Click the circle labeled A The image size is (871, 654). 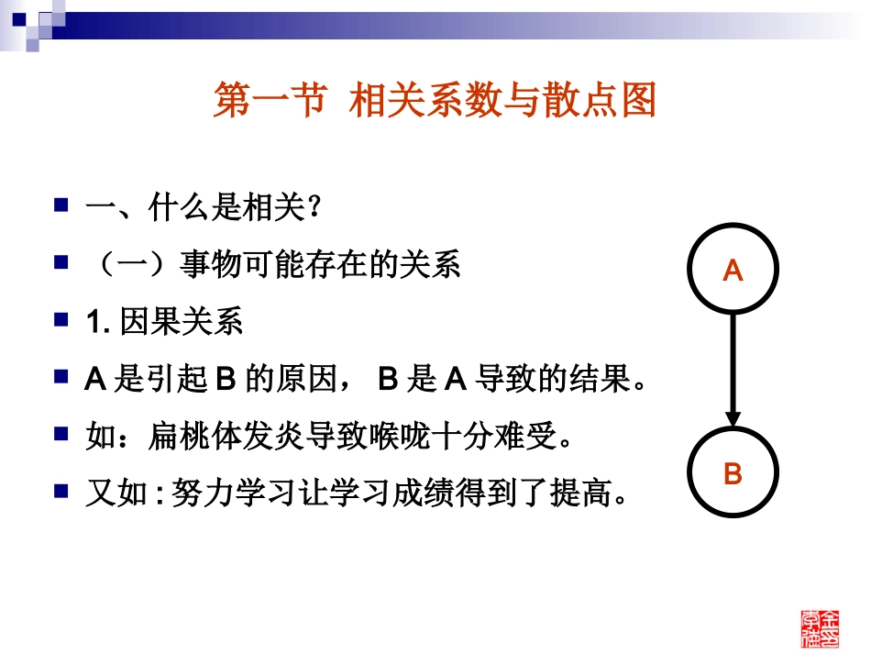click(x=733, y=271)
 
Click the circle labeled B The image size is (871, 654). click(x=733, y=474)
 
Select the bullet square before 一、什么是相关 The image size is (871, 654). click(x=61, y=205)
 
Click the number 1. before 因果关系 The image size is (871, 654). click(x=97, y=324)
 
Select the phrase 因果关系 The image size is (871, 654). click(x=181, y=323)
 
